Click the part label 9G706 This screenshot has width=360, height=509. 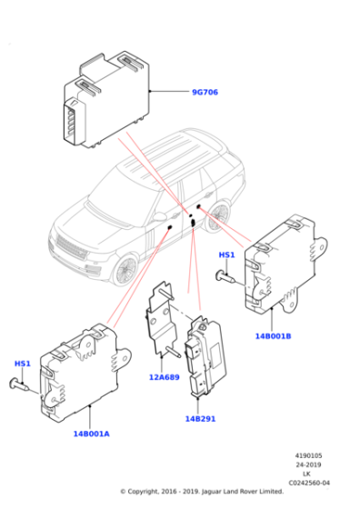205,92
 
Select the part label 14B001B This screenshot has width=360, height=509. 272,335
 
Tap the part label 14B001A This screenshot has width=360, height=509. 91,434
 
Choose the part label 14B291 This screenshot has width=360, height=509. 199,418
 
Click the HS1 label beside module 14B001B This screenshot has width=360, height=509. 226,255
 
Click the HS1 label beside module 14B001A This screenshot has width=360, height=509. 23,364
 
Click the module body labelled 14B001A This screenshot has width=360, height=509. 82,373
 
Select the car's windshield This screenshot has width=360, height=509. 118,190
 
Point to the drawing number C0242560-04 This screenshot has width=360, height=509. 309,483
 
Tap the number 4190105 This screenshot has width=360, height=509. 309,455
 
